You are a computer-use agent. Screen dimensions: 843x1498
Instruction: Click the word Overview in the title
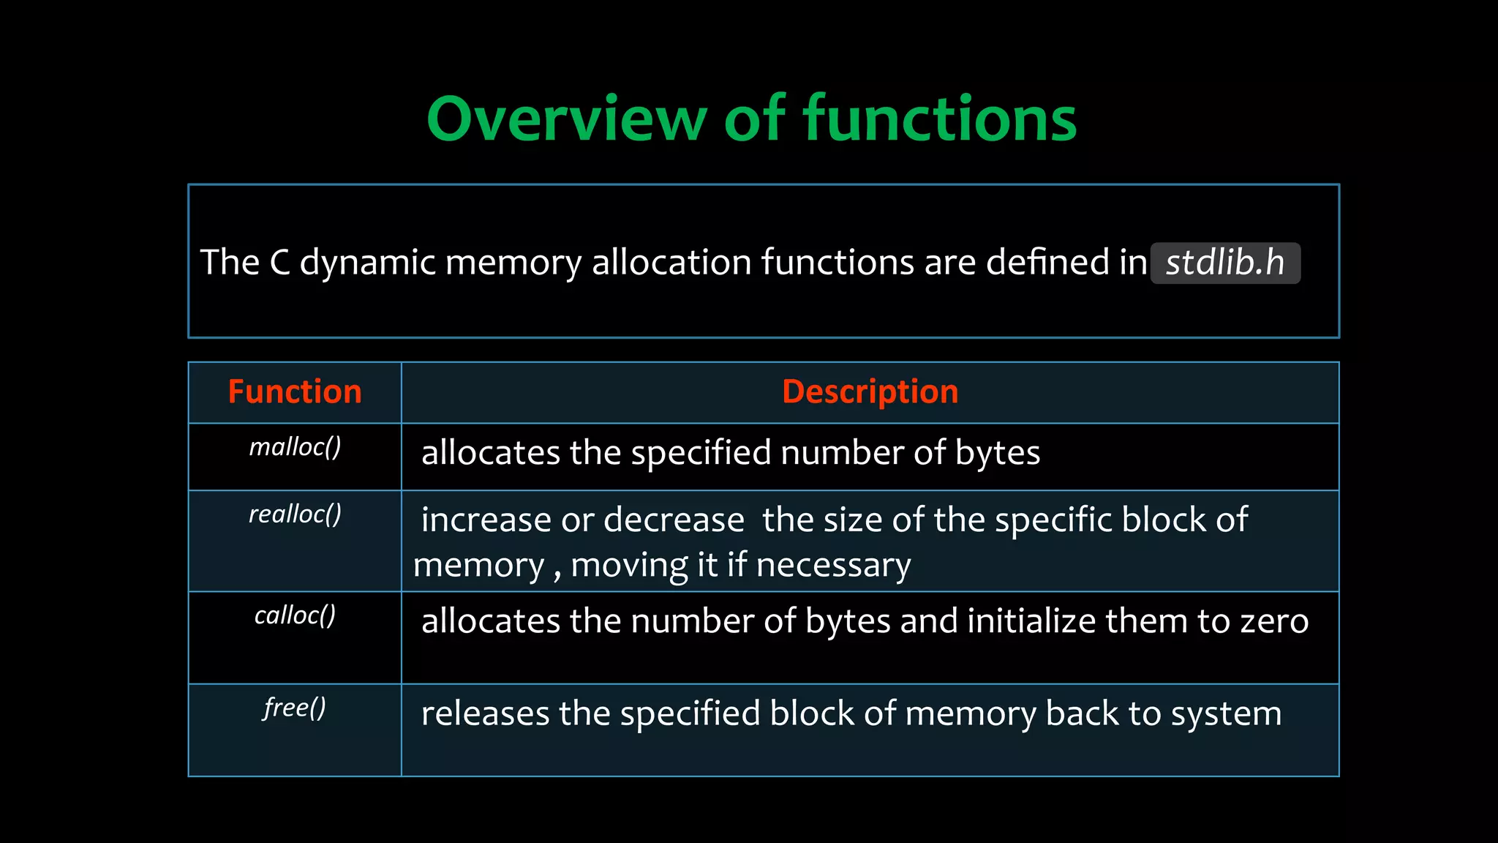click(x=567, y=119)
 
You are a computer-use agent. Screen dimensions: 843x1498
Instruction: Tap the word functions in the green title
click(x=940, y=119)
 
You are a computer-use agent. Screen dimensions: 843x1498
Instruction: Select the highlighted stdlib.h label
click(x=1225, y=263)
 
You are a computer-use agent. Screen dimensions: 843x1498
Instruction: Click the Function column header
click(x=295, y=392)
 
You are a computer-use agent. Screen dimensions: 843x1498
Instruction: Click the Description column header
click(x=870, y=392)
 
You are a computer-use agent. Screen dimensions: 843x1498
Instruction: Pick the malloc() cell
click(x=295, y=447)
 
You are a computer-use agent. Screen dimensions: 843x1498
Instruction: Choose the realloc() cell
click(x=295, y=514)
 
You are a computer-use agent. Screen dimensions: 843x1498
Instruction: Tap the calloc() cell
click(x=295, y=615)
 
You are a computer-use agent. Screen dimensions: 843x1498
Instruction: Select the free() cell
click(x=295, y=708)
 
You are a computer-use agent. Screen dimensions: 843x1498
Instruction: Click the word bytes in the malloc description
click(x=998, y=453)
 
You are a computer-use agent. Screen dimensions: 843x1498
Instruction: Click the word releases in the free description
click(x=485, y=713)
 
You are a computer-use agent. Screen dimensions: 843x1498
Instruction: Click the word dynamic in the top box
click(x=367, y=263)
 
